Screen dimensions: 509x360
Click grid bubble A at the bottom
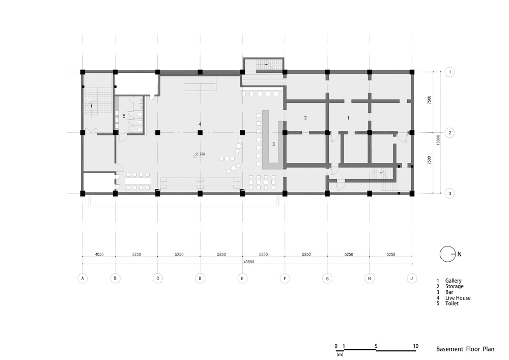[x=83, y=278]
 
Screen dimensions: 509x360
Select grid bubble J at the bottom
[x=412, y=278]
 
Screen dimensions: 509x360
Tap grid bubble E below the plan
[x=242, y=278]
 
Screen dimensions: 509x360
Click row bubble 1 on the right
[x=449, y=72]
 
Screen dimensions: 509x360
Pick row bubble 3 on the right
[x=449, y=193]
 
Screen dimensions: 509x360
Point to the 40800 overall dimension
[x=249, y=262]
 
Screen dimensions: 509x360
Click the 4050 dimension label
[x=99, y=255]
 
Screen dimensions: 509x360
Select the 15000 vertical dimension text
[x=438, y=140]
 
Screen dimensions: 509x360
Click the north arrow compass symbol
[x=447, y=254]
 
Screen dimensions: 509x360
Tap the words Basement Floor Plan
[x=465, y=349]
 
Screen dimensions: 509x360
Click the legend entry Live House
[x=458, y=298]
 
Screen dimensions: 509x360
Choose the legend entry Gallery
[x=453, y=281]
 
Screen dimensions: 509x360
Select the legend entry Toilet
[x=452, y=303]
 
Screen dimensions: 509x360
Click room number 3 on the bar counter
[x=273, y=144]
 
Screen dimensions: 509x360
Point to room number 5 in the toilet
[x=124, y=116]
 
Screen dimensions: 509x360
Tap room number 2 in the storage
[x=305, y=118]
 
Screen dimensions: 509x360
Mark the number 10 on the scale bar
[x=415, y=346]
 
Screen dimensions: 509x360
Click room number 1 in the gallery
[x=348, y=118]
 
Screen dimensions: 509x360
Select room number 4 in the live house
[x=200, y=124]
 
